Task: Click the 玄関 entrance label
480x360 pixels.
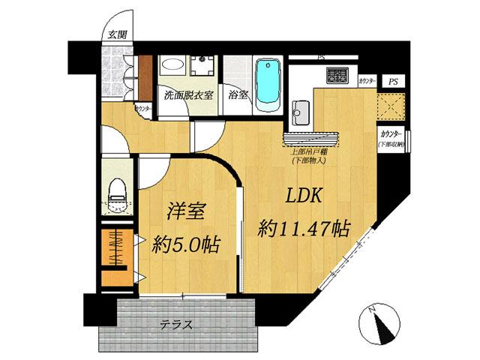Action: pyautogui.click(x=116, y=34)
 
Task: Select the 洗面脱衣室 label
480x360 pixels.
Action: pyautogui.click(x=189, y=96)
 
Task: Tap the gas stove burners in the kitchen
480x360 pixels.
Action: pyautogui.click(x=337, y=75)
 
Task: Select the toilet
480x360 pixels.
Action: pyautogui.click(x=117, y=196)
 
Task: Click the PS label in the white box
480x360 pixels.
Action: pyautogui.click(x=392, y=80)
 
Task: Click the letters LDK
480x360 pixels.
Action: pyautogui.click(x=303, y=196)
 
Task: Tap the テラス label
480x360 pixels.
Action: pyautogui.click(x=176, y=325)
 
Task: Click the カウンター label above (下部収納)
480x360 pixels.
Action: pyautogui.click(x=391, y=135)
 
